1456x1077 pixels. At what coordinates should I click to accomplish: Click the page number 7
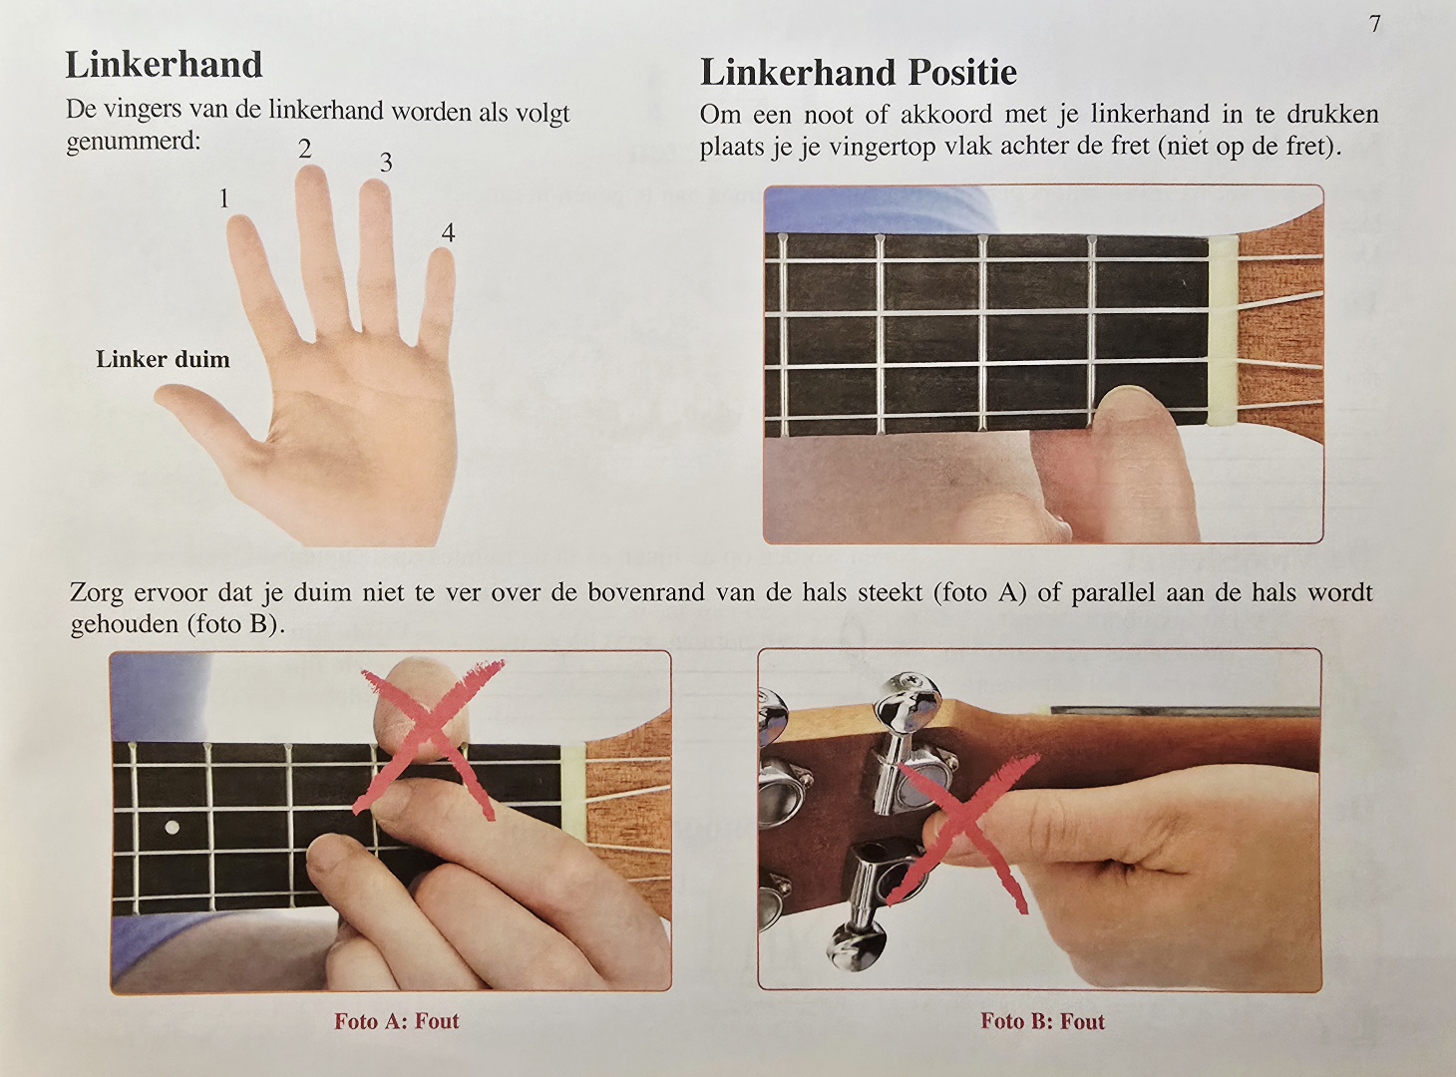point(1374,24)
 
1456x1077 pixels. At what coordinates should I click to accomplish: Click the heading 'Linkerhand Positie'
point(859,72)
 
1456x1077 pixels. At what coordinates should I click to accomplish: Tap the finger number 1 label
point(223,197)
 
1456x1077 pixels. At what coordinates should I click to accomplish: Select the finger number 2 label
point(304,149)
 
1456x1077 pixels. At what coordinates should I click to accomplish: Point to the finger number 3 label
point(386,163)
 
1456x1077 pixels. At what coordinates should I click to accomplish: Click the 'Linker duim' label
point(163,359)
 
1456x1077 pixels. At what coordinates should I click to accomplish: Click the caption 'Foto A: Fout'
point(397,1020)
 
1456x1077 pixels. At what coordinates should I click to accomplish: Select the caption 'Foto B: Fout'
point(1042,1021)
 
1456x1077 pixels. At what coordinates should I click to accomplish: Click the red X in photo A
point(430,739)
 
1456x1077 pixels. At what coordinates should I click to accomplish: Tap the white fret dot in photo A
point(172,828)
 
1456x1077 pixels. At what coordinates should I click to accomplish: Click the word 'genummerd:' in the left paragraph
point(134,142)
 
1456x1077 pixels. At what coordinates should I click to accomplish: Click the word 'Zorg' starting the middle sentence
point(97,592)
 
